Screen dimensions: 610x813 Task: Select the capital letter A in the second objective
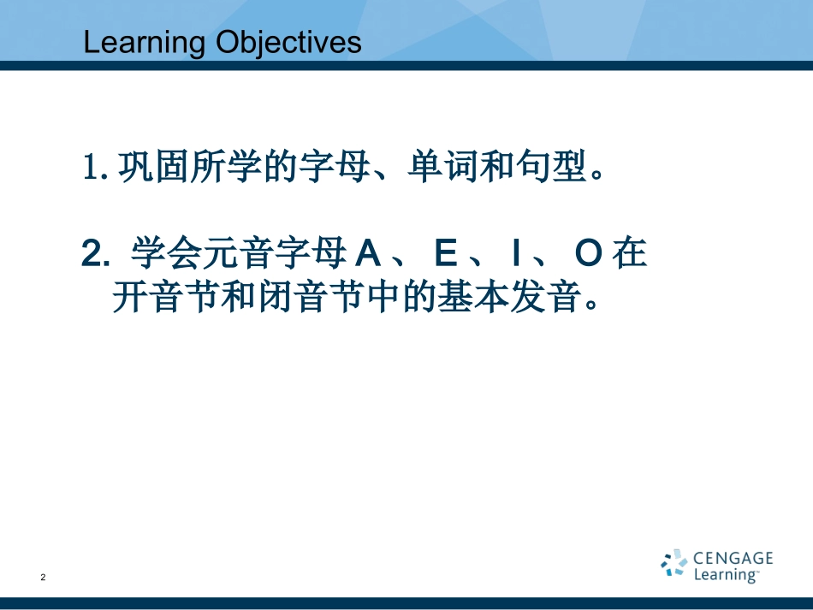point(366,254)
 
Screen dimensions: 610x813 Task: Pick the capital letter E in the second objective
point(446,254)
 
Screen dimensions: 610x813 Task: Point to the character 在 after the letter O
point(630,254)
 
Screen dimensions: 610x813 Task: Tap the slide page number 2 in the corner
point(43,578)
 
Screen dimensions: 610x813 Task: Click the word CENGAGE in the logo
point(733,559)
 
